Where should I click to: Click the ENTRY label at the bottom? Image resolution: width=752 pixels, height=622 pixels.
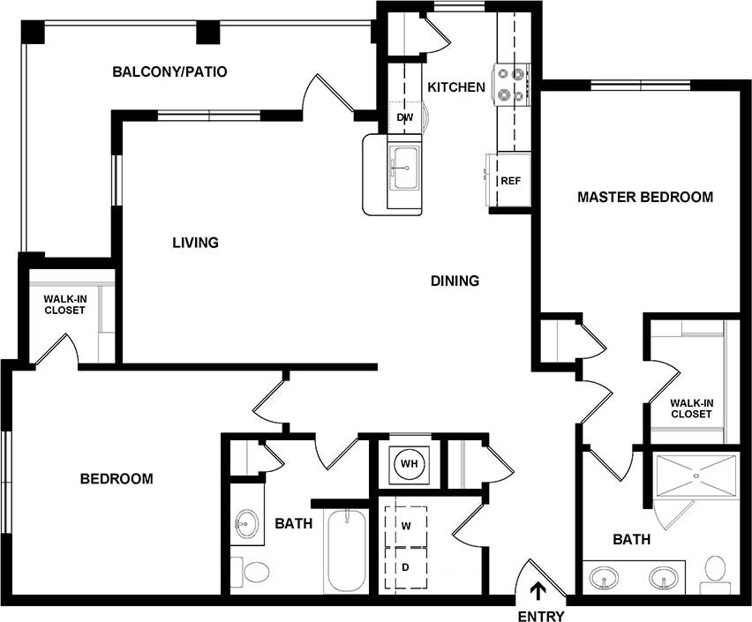(x=540, y=616)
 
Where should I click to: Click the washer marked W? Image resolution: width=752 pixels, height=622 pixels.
(x=407, y=526)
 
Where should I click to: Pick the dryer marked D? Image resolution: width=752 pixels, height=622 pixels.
(x=407, y=568)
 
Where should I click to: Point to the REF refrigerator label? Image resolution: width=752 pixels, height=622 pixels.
(x=510, y=181)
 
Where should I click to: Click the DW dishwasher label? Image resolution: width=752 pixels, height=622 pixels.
(x=405, y=117)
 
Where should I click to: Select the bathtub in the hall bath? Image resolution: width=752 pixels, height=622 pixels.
(x=345, y=552)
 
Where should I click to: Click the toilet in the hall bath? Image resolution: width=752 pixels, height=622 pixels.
(x=254, y=572)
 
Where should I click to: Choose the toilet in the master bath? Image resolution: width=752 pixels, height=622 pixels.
(x=716, y=571)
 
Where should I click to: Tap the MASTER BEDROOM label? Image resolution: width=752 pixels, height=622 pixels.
(x=644, y=197)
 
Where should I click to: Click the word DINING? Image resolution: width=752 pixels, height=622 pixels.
(x=455, y=281)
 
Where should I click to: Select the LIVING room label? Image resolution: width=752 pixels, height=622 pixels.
(x=195, y=242)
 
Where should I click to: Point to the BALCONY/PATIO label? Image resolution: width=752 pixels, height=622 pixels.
(x=169, y=71)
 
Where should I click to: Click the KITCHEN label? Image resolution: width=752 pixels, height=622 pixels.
(x=456, y=86)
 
